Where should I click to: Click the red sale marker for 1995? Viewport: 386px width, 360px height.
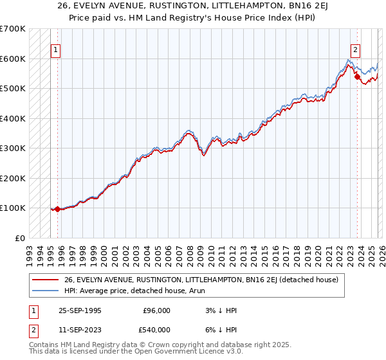[x=58, y=209]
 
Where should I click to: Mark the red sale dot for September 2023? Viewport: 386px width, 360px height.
[x=357, y=76]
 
